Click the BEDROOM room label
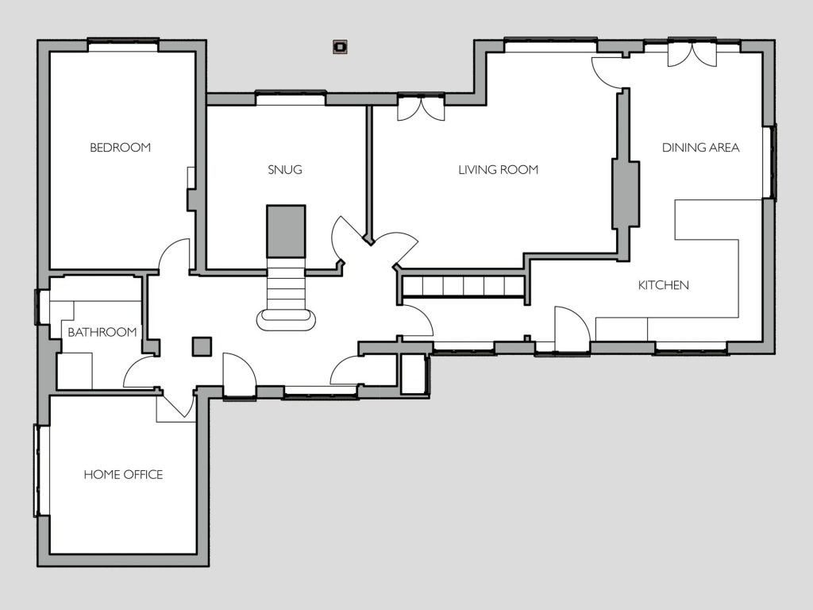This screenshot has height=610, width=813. coord(121,147)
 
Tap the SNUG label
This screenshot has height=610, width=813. coord(285,170)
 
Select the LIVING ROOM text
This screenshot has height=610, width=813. coord(498,170)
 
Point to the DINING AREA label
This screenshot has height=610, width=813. coord(700,147)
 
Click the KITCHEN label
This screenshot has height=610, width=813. coord(663,285)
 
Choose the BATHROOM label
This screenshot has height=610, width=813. coord(102,332)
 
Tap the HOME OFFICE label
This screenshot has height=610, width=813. coord(123,475)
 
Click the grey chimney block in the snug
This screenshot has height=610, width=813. coord(286,231)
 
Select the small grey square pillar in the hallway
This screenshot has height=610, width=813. coord(202,346)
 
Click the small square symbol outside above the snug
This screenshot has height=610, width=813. coord(340,47)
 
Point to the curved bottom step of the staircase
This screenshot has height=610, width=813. coord(286,320)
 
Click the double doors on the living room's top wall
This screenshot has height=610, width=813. coord(421,108)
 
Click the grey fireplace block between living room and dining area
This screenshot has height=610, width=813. coord(626,195)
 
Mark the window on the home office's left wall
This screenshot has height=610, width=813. coord(39,470)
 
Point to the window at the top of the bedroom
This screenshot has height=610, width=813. coord(123,45)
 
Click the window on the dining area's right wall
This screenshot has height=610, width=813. coord(770,162)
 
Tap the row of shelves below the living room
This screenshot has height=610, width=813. coord(464,286)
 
